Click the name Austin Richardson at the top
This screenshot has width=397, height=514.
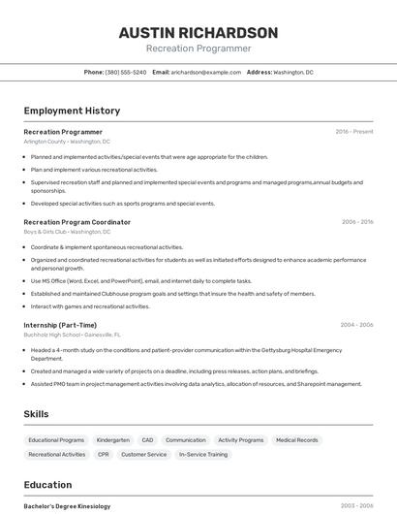(x=198, y=32)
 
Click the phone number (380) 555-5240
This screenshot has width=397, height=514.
(x=126, y=72)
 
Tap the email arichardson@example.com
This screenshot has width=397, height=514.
(x=206, y=72)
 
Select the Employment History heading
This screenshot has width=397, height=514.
(x=72, y=111)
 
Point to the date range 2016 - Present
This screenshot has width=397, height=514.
(x=354, y=132)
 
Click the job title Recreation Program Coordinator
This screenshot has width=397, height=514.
(x=76, y=222)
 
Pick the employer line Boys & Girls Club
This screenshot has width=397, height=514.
(x=66, y=232)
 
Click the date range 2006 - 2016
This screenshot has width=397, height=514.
(x=357, y=222)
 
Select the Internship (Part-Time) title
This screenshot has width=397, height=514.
(x=60, y=325)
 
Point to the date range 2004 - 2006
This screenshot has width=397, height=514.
(x=356, y=325)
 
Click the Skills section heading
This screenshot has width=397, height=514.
(x=36, y=414)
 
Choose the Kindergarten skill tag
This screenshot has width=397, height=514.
(x=113, y=439)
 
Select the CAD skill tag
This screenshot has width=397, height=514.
(x=147, y=439)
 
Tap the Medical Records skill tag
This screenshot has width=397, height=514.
(x=296, y=439)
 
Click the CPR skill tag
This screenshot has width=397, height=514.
(x=104, y=454)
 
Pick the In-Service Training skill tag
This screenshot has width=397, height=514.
(x=203, y=454)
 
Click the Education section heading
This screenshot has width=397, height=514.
(x=47, y=485)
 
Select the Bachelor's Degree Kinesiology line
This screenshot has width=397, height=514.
(x=67, y=506)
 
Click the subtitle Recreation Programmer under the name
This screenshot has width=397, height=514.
(x=198, y=48)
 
